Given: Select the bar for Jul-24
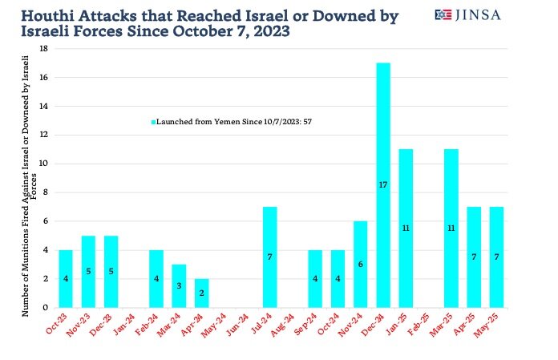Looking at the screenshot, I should pyautogui.click(x=270, y=257).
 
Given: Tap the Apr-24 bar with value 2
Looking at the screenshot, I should pyautogui.click(x=203, y=293).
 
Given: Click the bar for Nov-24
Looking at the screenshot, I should pyautogui.click(x=361, y=264).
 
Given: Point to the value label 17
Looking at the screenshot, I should pyautogui.click(x=383, y=184).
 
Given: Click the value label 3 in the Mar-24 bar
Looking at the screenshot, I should pyautogui.click(x=180, y=286).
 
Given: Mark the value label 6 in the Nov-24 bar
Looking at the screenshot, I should pyautogui.click(x=361, y=264).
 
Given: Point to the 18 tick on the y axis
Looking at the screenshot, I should pyautogui.click(x=43, y=49).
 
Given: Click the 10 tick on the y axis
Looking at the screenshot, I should pyautogui.click(x=43, y=164).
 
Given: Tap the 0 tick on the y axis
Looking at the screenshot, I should pyautogui.click(x=46, y=307).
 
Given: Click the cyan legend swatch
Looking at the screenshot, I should pyautogui.click(x=153, y=122).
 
